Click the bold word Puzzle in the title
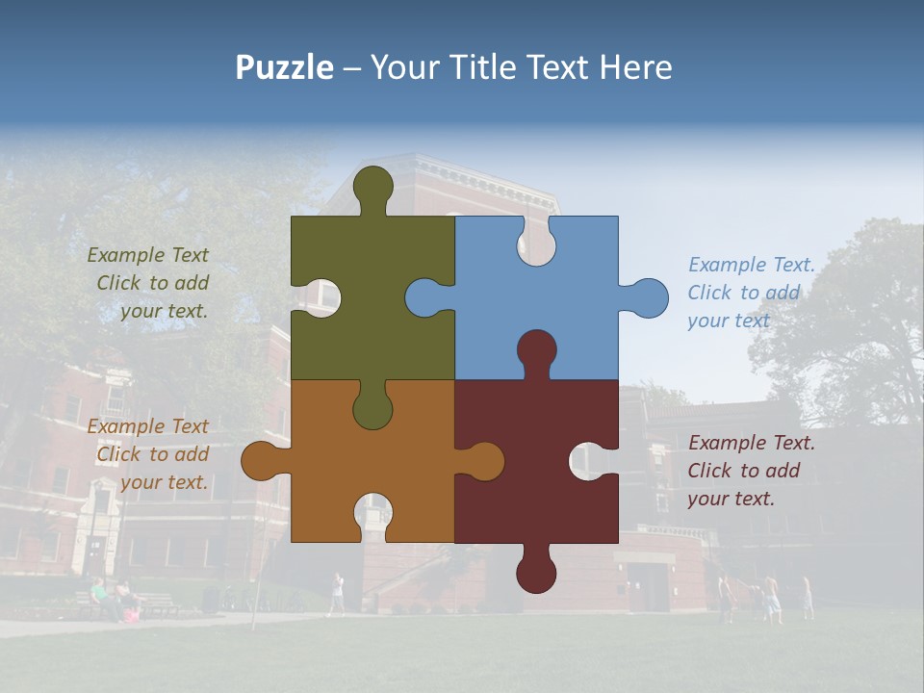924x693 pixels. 284,67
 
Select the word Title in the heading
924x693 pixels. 480,67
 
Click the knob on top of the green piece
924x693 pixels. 373,188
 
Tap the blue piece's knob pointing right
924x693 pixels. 647,298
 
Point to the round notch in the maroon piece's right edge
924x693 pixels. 591,461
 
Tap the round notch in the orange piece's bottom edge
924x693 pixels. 373,515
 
